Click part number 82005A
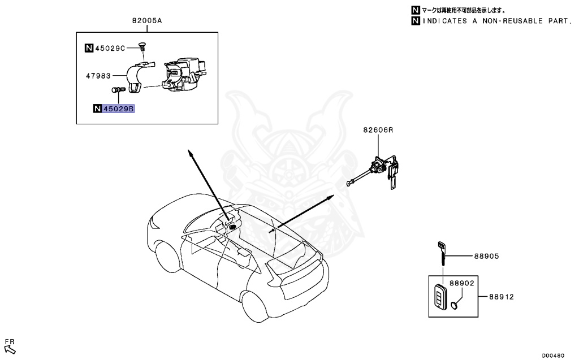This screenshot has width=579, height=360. click(x=147, y=21)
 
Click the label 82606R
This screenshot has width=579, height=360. click(x=378, y=130)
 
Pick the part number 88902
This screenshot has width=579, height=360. click(x=461, y=283)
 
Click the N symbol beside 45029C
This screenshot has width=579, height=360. click(x=89, y=48)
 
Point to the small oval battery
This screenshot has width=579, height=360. click(x=455, y=306)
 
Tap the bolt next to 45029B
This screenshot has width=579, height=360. click(x=118, y=89)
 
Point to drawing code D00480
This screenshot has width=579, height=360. click(x=552, y=355)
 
